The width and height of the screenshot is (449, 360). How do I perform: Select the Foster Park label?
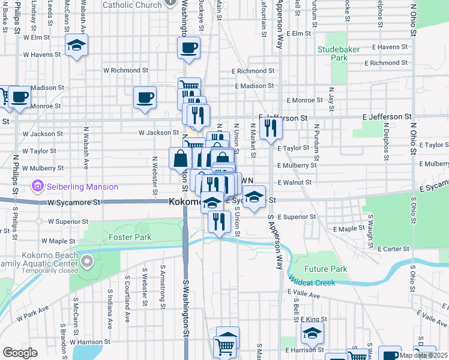coord(130,237)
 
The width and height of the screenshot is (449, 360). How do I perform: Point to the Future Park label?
coord(326,269)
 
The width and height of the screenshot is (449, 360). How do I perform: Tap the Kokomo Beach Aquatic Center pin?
coord(87,262)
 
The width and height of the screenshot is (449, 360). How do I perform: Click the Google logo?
coord(20,353)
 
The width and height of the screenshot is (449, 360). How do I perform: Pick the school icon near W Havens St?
coord(76,46)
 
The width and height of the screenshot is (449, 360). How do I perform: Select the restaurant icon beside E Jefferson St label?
coord(271,127)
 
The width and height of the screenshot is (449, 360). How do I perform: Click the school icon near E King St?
coord(312,333)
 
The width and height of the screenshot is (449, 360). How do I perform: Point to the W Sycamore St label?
coord(74,203)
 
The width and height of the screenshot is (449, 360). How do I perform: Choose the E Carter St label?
coord(393,248)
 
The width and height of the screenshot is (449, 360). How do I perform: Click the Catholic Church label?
coord(132,5)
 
